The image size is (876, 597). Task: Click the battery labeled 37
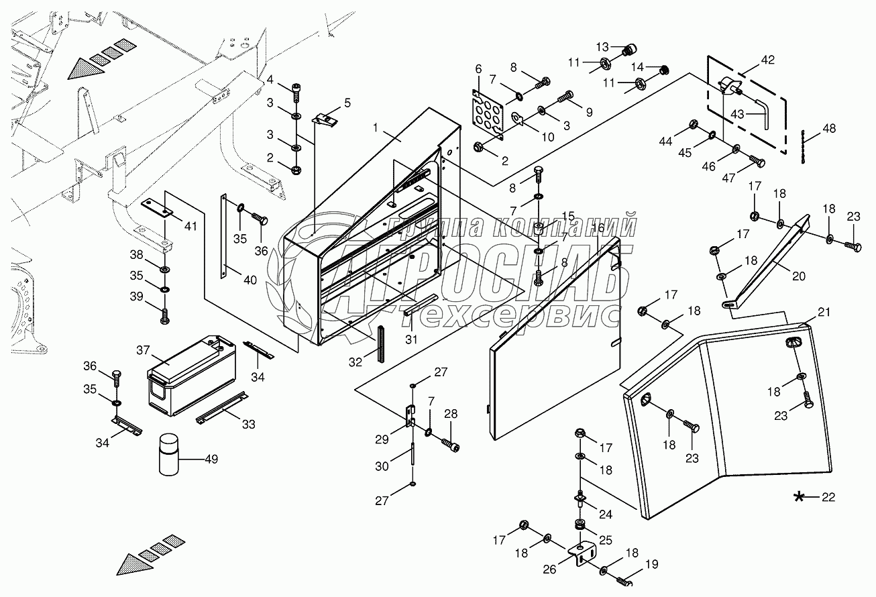192,376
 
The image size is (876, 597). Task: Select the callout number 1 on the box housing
376,127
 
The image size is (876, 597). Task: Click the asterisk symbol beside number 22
799,497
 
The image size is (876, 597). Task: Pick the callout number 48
829,128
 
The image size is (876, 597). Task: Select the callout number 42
767,60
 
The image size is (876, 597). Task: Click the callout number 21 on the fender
824,312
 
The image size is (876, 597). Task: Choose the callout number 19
651,563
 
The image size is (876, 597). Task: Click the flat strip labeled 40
223,236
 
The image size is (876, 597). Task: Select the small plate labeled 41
157,207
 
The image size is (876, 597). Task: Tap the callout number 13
602,47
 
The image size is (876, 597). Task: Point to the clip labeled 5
325,119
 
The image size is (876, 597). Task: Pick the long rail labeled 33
222,407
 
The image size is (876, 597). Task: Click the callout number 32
355,362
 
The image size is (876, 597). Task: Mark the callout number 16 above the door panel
598,227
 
